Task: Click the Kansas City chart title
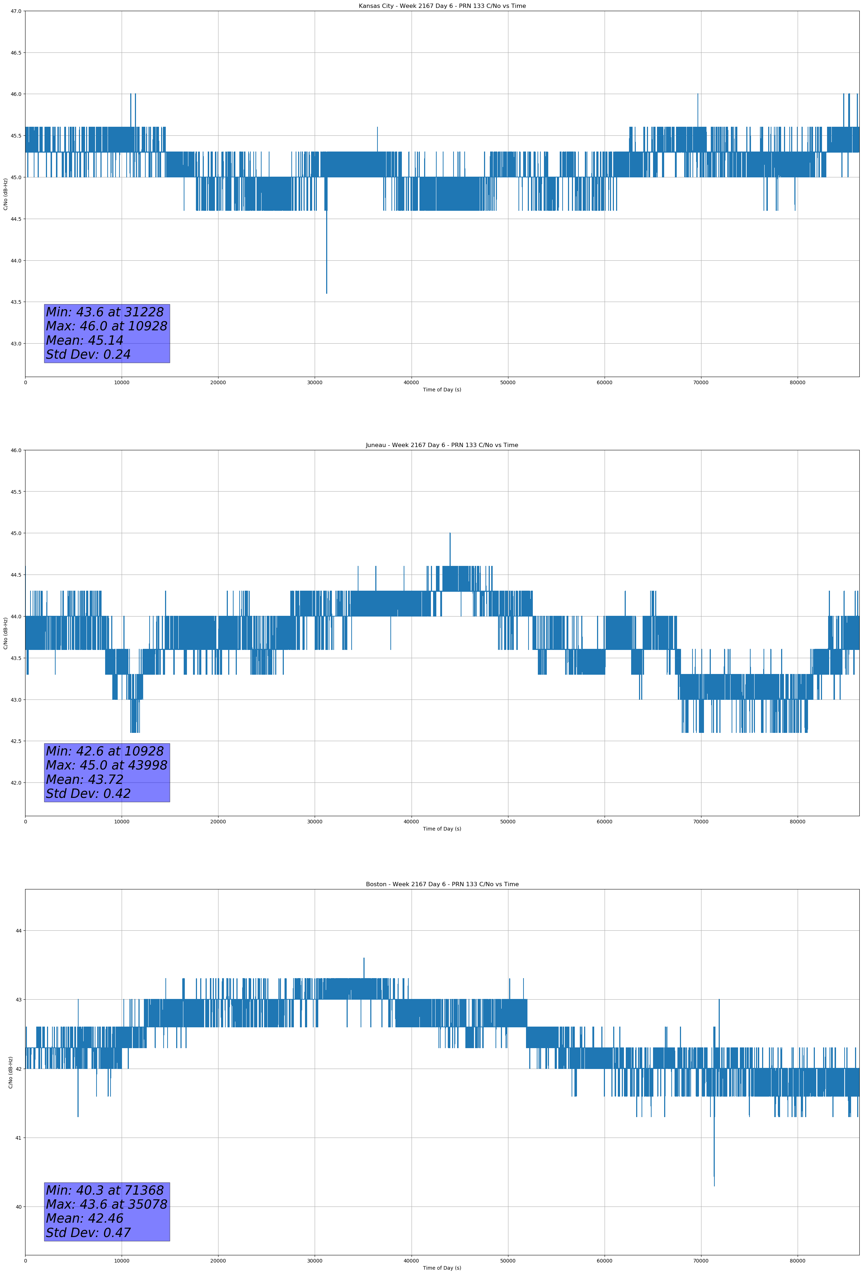coord(442,6)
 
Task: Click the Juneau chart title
coord(442,445)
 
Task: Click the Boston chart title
coord(442,884)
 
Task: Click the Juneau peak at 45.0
coord(450,535)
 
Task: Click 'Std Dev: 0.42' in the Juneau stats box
coord(88,793)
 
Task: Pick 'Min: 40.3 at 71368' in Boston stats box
coord(105,1190)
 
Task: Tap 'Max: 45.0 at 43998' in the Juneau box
coord(106,765)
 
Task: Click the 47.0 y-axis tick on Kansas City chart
coord(15,11)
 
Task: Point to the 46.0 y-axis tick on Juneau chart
coord(15,450)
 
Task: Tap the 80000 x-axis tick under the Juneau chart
coord(797,822)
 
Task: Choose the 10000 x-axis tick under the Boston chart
coord(122,1261)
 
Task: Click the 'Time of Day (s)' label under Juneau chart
coord(442,829)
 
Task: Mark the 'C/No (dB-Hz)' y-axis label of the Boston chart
coord(10,1072)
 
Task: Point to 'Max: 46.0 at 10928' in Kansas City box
coord(106,326)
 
